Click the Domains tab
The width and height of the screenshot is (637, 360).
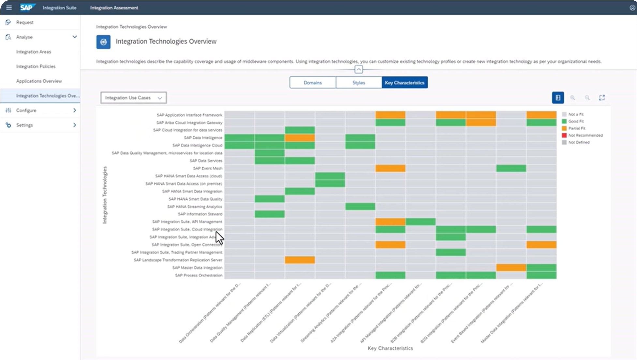tap(313, 83)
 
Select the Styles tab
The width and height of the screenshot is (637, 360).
tap(359, 83)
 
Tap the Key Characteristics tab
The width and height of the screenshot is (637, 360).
tap(405, 83)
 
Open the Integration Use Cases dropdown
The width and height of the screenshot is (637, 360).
tap(134, 98)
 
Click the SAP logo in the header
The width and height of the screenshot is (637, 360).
tap(27, 7)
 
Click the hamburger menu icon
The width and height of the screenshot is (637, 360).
tap(9, 7)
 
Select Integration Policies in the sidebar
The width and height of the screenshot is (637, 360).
tap(36, 66)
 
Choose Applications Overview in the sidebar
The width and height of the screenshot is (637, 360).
tap(39, 81)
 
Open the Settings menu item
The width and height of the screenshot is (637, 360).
tap(25, 125)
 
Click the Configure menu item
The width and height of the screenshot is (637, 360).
tap(26, 110)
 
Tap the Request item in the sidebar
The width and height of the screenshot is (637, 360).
tap(25, 22)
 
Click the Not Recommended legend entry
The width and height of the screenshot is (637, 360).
tap(585, 135)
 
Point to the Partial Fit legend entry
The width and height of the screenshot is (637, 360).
tap(576, 128)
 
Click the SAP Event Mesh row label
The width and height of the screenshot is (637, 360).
tap(207, 168)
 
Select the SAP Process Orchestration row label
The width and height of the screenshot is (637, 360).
tap(199, 275)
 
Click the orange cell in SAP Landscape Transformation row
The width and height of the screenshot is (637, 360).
tap(300, 260)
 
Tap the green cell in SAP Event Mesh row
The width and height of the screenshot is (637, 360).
tap(511, 168)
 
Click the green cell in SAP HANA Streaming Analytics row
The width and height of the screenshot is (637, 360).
tap(360, 207)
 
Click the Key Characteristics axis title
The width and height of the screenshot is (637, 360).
tap(390, 348)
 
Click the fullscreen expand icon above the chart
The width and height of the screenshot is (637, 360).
tap(602, 98)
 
